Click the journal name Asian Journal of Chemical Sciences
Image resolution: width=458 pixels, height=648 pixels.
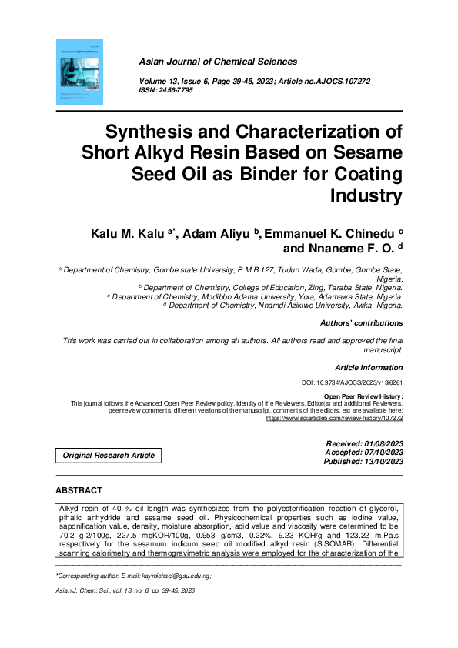click(218, 62)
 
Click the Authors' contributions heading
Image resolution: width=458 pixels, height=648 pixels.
click(361, 323)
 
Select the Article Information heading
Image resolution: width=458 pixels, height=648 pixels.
click(369, 368)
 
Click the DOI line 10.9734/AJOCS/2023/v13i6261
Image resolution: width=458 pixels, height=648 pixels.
click(352, 382)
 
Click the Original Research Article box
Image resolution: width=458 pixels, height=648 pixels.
click(109, 456)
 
